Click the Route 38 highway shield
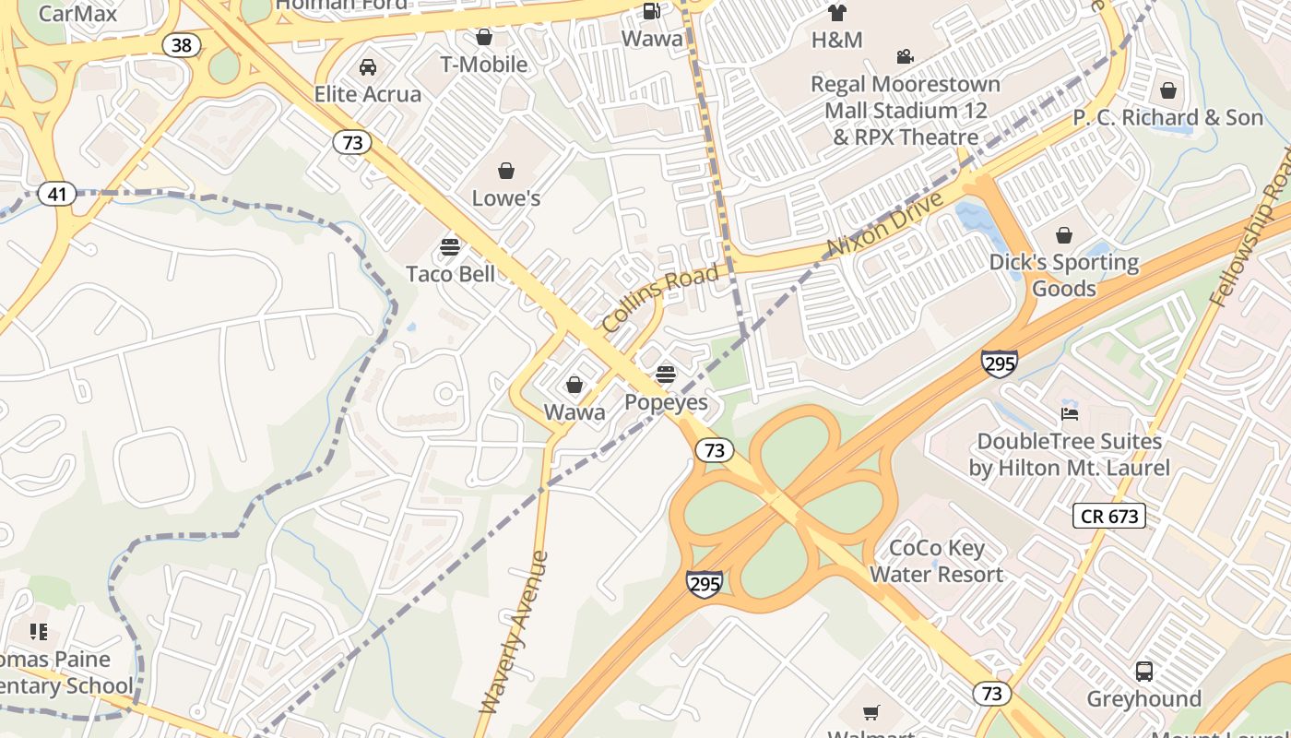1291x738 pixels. (x=182, y=44)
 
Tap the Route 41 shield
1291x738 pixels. (x=57, y=194)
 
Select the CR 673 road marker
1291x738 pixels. (x=1109, y=516)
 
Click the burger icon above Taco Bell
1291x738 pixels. (x=450, y=247)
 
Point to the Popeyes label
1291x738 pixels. (x=666, y=402)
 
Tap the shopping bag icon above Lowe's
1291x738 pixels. (x=506, y=171)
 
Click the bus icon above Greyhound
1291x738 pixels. (x=1143, y=672)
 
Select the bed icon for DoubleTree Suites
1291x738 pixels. (x=1069, y=413)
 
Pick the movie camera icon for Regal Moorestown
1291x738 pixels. (x=905, y=57)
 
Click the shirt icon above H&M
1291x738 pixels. (x=836, y=13)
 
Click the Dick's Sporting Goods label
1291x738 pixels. (x=1064, y=275)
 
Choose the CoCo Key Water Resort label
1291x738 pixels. (x=936, y=561)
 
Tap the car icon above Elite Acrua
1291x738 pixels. (x=367, y=67)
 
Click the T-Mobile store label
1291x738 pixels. (x=483, y=64)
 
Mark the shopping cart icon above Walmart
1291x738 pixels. (x=871, y=712)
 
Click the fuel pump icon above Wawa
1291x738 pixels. (x=651, y=11)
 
